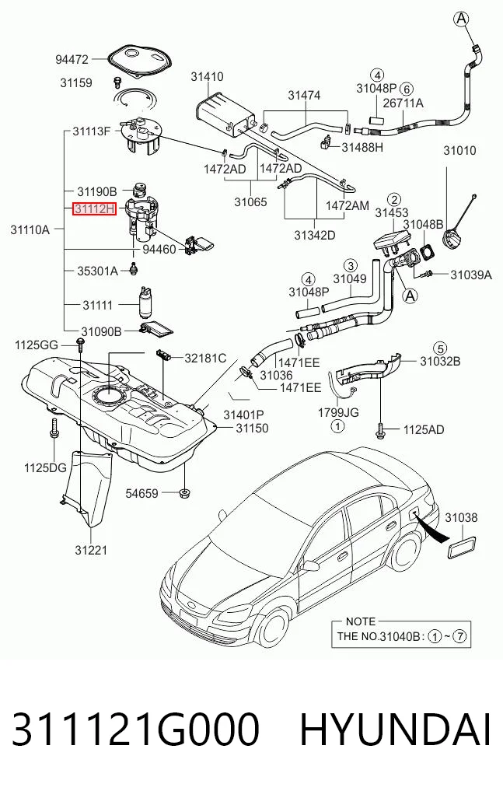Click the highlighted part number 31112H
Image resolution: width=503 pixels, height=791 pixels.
pos(95,208)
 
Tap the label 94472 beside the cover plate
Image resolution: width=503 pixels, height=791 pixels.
pos(72,60)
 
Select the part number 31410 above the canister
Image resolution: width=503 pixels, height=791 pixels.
pos(207,77)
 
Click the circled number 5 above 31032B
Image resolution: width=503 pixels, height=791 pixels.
pos(440,348)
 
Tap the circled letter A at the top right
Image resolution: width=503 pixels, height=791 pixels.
pos(461,19)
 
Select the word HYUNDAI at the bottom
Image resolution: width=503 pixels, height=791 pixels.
pos(395,730)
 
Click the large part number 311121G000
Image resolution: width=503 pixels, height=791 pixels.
pos(135,730)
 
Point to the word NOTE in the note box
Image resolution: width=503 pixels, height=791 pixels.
pos(361,621)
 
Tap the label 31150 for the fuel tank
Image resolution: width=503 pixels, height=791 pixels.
pos(252,429)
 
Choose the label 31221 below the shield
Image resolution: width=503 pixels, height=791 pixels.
pos(91,550)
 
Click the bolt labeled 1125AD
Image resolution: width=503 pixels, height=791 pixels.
pos(380,431)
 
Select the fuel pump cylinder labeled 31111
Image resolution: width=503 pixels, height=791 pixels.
pos(145,303)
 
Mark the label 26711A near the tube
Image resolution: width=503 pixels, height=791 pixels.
pos(403,103)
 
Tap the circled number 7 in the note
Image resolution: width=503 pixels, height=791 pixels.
pos(459,636)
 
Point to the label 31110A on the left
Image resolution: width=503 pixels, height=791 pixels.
pos(30,230)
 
